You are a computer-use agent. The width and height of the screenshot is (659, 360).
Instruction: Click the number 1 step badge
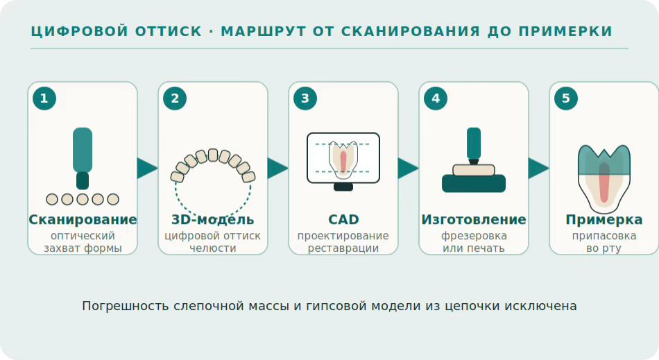coord(44,98)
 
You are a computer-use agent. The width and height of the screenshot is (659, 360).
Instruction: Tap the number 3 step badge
coord(305,98)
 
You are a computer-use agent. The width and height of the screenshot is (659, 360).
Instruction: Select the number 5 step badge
coord(565,98)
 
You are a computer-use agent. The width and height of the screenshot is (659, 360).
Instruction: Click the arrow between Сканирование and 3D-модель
coord(147,168)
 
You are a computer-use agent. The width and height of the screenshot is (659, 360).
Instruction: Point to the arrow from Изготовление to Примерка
coord(538,168)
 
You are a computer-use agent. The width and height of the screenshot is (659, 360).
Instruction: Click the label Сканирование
coord(83,220)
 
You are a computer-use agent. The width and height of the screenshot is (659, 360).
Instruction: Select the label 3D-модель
coord(213,220)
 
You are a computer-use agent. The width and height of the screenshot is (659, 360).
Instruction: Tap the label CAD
coord(343,220)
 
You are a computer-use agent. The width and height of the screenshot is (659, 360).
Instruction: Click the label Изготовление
coord(474,220)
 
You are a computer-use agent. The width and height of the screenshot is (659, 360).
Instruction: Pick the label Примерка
coord(604,220)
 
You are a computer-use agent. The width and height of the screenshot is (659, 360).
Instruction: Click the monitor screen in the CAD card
coord(343,158)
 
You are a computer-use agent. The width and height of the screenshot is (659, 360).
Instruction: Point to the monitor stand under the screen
coord(343,187)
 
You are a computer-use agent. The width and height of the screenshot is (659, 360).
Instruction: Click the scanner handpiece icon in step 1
coord(83,158)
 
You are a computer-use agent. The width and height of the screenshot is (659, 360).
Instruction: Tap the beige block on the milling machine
coord(474,170)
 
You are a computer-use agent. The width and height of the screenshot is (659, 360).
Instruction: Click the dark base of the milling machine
coord(474,184)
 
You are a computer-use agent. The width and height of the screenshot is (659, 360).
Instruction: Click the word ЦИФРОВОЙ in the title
coord(80,31)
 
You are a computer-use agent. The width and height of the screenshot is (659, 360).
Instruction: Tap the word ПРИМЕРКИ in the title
coord(565,31)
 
